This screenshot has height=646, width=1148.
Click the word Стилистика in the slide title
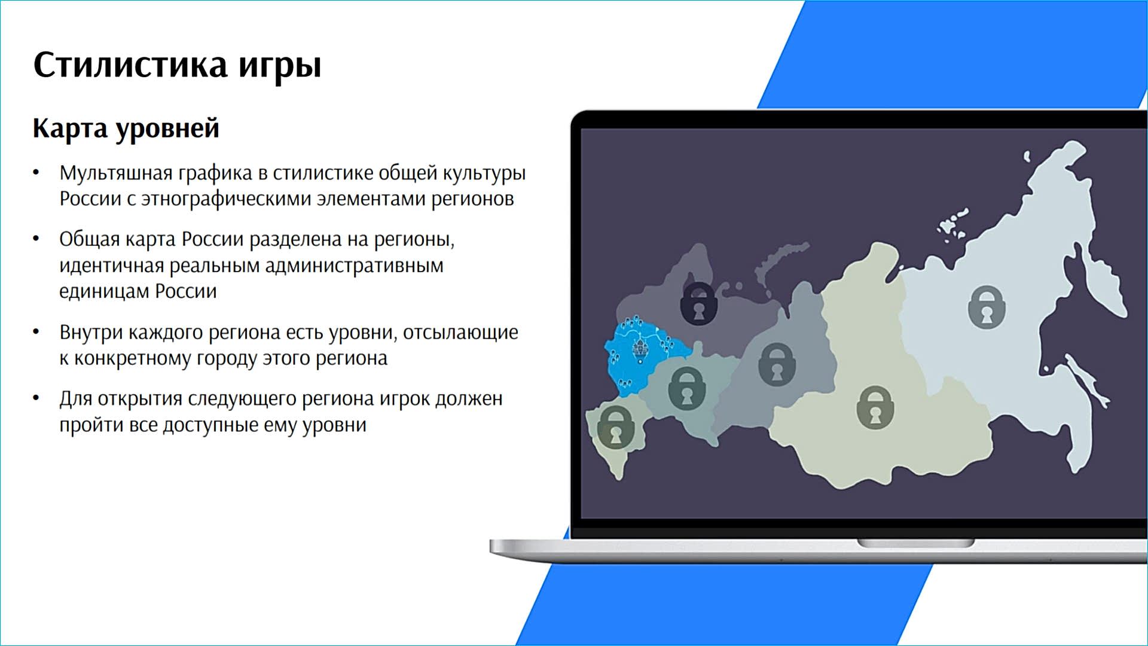[x=130, y=64]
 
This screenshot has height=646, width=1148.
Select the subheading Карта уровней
[x=126, y=129]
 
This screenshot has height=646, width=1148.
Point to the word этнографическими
[x=226, y=199]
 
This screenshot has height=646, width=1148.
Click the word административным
[x=354, y=265]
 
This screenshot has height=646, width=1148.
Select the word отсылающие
[x=460, y=333]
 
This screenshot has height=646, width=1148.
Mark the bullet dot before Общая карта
[x=36, y=239]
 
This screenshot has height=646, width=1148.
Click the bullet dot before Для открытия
[x=36, y=398]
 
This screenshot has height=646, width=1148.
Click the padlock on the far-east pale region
[x=987, y=307]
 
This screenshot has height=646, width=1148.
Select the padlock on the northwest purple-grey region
[x=699, y=303]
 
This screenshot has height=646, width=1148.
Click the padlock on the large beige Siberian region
[x=875, y=407]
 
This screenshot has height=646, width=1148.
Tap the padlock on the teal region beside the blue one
[x=687, y=388]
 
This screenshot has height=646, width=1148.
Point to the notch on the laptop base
[x=915, y=543]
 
